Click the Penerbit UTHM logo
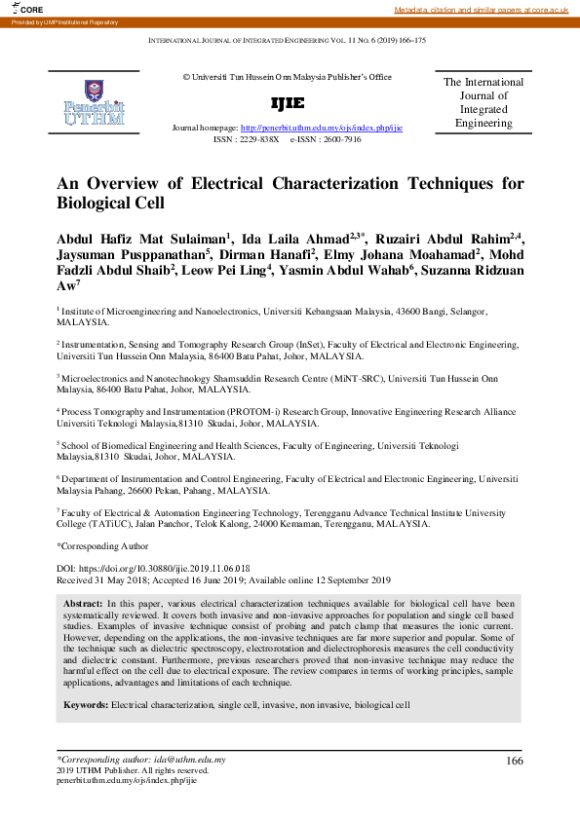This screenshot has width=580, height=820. click(94, 101)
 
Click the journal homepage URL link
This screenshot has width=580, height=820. click(322, 128)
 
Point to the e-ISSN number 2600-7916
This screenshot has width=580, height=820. click(340, 139)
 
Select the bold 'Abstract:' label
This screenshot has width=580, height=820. click(86, 605)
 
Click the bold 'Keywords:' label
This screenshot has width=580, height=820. click(86, 703)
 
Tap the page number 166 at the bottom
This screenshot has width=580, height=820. click(514, 761)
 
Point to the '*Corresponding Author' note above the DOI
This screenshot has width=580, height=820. click(102, 546)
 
